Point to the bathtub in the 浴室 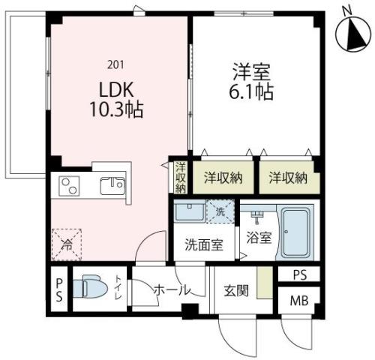click(x=297, y=232)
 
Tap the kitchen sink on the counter click(x=113, y=185)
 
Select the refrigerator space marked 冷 click(x=67, y=242)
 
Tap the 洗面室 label click(x=203, y=244)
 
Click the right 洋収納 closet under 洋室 click(x=289, y=178)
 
